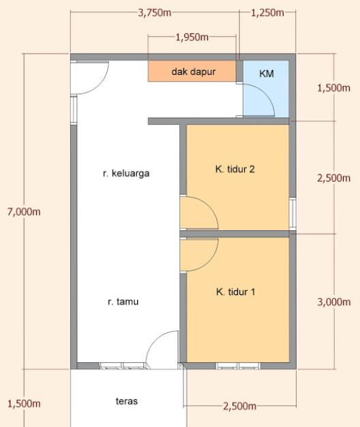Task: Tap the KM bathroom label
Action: (267, 74)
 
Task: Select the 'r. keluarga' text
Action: (125, 173)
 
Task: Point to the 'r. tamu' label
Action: (123, 301)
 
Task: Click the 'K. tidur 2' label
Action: (235, 169)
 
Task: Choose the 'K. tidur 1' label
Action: (235, 291)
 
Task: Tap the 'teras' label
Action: (126, 401)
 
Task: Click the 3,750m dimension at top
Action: (155, 13)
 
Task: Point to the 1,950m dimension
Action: (192, 37)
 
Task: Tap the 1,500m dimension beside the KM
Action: (334, 88)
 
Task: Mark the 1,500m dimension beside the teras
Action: (23, 403)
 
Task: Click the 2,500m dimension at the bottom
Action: (239, 407)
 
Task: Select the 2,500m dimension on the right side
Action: (334, 178)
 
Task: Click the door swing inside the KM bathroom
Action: (260, 101)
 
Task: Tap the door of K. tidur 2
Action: (198, 212)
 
